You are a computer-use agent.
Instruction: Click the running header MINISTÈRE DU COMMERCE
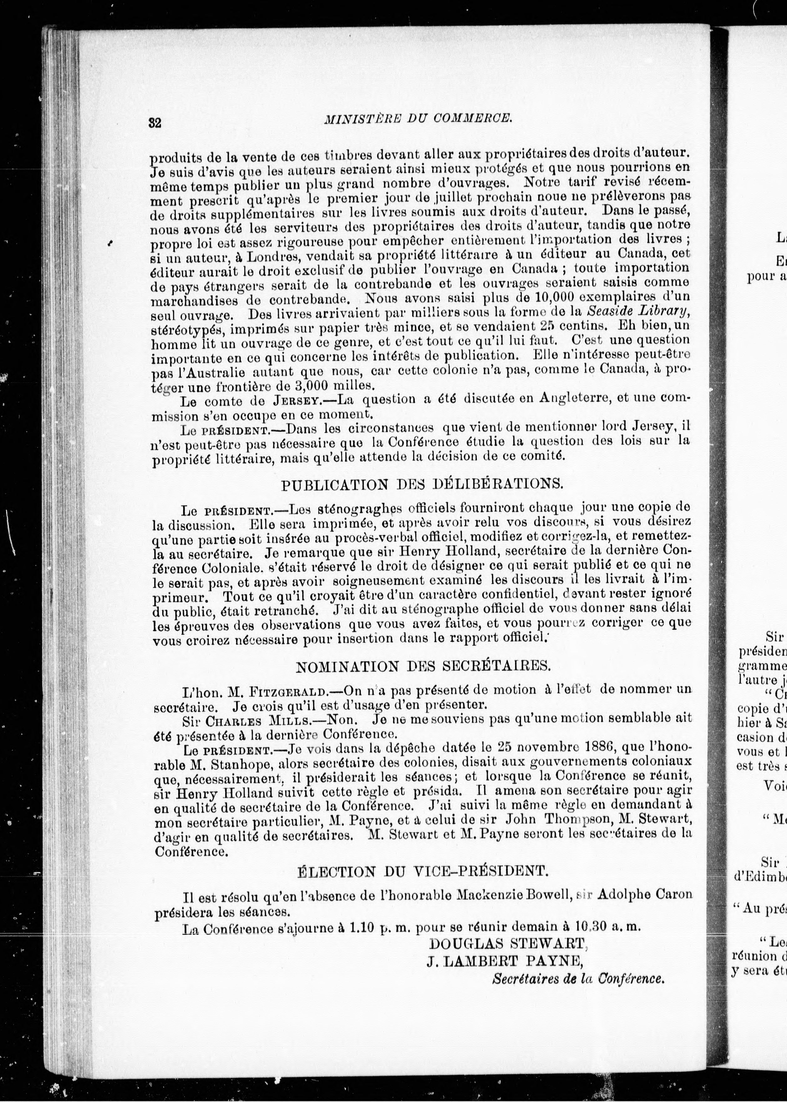pyautogui.click(x=418, y=117)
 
